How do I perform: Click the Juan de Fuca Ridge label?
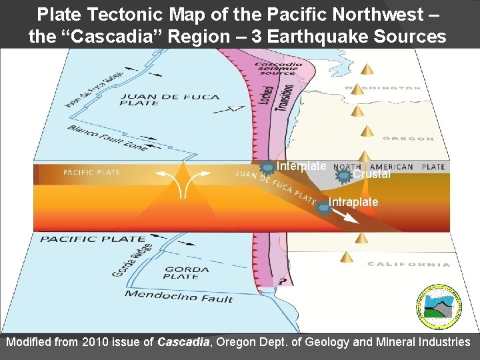93,89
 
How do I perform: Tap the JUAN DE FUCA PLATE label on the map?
169,100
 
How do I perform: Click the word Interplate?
301,166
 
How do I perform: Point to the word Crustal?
371,175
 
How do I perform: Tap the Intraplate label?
353,202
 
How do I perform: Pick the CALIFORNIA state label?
408,264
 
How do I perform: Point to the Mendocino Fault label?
179,296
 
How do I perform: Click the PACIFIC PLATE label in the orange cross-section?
91,173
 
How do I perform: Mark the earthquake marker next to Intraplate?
323,207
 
